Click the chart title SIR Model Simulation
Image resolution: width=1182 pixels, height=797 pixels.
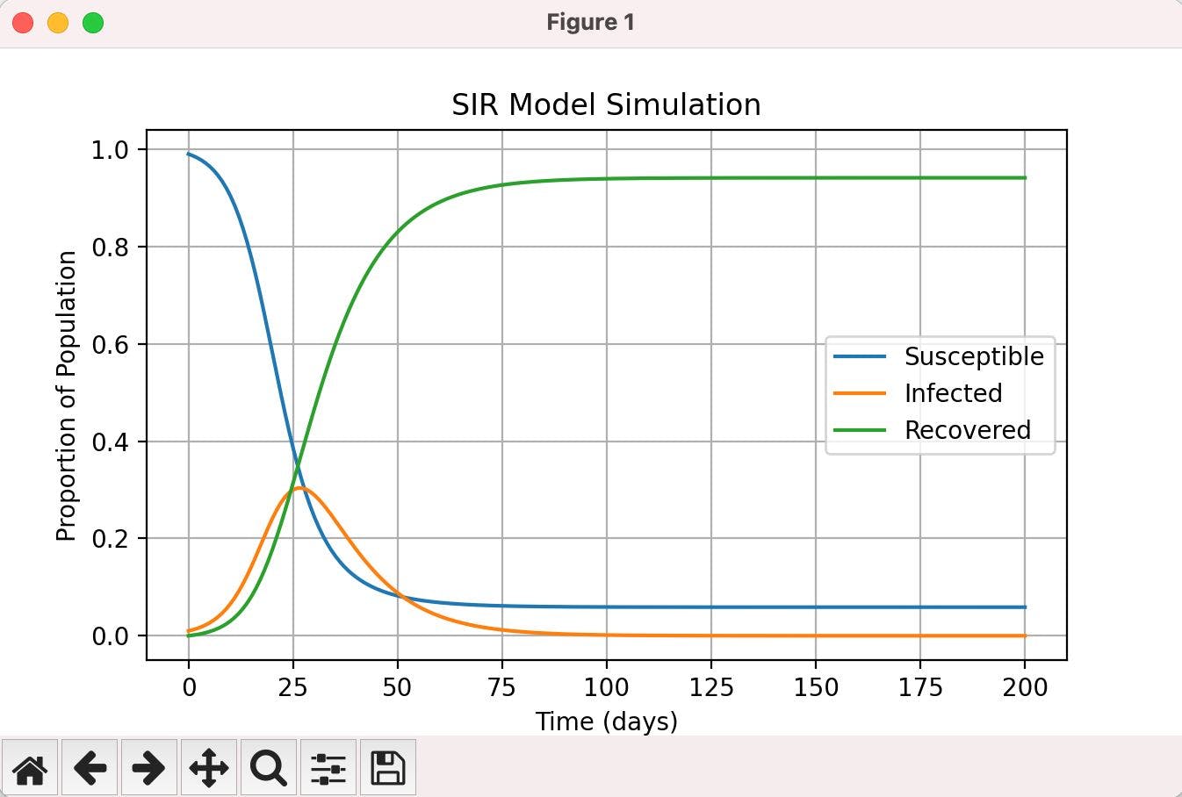point(606,104)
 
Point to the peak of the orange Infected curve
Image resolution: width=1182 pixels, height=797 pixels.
point(299,487)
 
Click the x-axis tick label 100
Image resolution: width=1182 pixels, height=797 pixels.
point(606,686)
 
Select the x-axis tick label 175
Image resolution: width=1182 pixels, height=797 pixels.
point(919,686)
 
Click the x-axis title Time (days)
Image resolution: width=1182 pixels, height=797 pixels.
point(606,722)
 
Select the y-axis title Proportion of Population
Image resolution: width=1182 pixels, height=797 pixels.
point(67,396)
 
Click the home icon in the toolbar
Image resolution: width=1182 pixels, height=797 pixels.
point(30,768)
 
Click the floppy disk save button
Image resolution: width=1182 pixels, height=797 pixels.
point(387,768)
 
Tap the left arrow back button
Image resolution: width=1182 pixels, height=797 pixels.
point(90,768)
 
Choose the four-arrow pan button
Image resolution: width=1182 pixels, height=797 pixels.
point(209,768)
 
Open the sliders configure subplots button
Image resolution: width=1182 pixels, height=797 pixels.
point(328,768)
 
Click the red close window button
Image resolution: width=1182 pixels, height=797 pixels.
point(23,23)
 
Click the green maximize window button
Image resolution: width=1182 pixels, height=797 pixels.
point(92,23)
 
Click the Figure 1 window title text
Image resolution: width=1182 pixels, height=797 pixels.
point(590,23)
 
